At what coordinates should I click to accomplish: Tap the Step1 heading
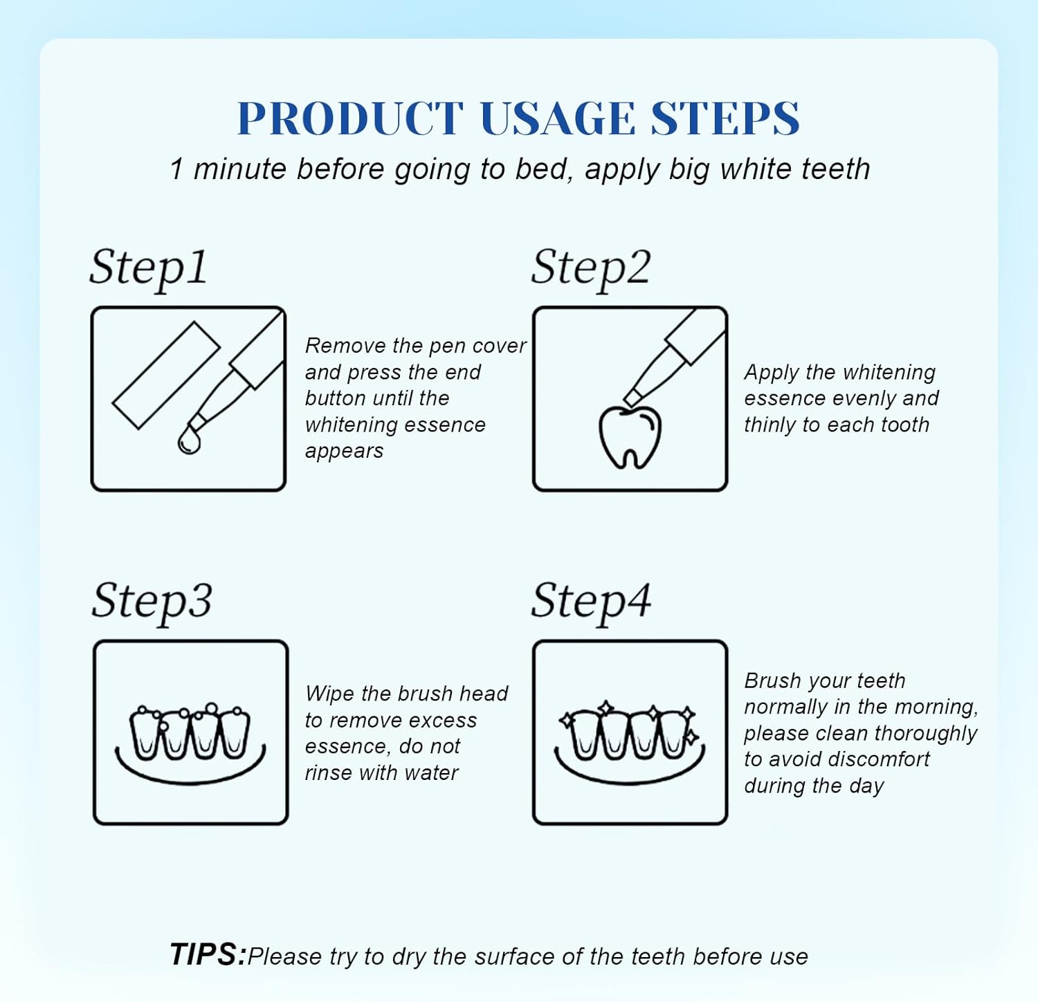point(148,268)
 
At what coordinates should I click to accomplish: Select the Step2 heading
point(590,268)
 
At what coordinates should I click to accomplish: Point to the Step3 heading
point(152,600)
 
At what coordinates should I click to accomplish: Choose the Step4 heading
point(590,600)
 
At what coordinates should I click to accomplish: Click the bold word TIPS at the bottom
point(207,955)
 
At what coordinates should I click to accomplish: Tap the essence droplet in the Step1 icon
point(188,440)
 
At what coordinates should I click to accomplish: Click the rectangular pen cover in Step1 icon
point(166,375)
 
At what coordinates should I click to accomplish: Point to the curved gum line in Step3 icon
point(190,774)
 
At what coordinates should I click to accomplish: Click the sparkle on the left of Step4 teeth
point(567,720)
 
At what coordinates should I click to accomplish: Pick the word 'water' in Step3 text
point(432,772)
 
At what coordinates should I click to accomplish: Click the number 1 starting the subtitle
point(176,169)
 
